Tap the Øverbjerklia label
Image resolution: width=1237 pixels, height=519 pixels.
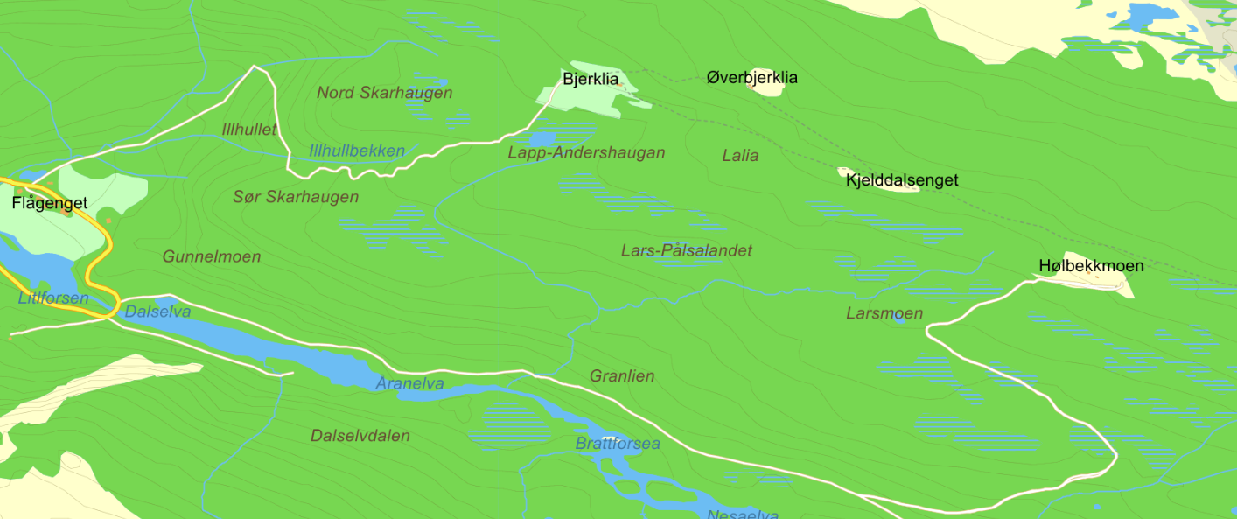coord(752,78)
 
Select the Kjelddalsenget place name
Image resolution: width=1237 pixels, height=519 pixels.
coord(902,180)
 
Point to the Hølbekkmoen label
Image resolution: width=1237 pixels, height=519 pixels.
coord(1091,265)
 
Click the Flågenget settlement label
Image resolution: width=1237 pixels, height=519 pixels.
coord(50,203)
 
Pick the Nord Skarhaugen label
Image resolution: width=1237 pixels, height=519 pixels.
coord(384,93)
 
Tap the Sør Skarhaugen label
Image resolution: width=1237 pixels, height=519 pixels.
coord(296,197)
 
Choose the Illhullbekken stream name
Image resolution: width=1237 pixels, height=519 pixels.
coord(357,151)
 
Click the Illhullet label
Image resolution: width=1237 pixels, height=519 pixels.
coord(249,130)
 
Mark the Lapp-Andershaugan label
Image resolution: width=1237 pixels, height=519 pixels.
coord(586,153)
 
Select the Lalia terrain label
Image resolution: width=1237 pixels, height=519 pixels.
coord(740,156)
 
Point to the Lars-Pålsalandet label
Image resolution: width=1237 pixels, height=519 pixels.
coord(686,250)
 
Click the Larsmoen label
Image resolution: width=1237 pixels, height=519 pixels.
coord(884,313)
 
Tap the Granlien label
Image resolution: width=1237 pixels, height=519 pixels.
coord(622,376)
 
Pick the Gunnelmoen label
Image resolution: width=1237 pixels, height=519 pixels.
coord(212,256)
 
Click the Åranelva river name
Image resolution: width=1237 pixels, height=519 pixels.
coord(409,383)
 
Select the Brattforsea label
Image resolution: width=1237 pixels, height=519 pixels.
coord(618,444)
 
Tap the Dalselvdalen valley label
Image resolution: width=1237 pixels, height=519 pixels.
coord(360,435)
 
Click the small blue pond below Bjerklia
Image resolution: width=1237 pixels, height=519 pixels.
coord(542,139)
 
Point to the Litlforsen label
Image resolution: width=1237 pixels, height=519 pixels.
coord(53,298)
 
